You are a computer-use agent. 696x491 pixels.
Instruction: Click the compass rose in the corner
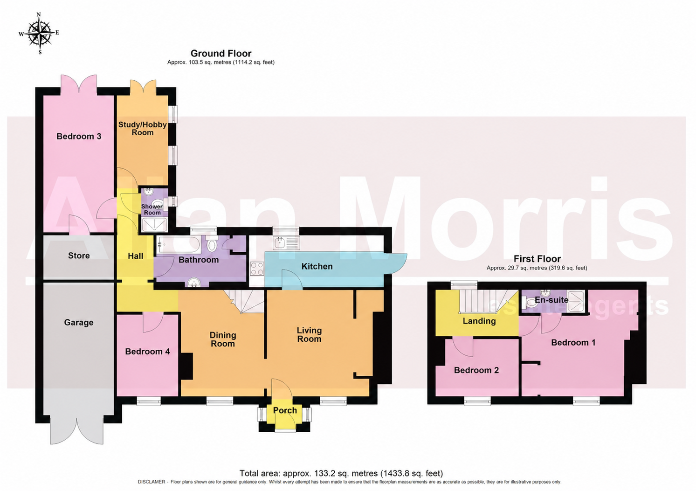pyautogui.click(x=39, y=33)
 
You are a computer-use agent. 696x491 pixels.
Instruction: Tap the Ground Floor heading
pyautogui.click(x=221, y=54)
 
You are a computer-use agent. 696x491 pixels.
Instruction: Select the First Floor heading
pyautogui.click(x=537, y=258)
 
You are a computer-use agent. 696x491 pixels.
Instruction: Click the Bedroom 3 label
pyautogui.click(x=79, y=137)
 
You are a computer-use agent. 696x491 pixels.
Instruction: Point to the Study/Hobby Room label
pyautogui.click(x=143, y=129)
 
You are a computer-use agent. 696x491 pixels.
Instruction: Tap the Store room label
pyautogui.click(x=79, y=256)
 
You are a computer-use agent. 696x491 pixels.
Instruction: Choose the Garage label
pyautogui.click(x=79, y=323)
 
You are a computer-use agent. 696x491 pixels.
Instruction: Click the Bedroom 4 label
pyautogui.click(x=147, y=352)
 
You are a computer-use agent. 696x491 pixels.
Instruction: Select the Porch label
pyautogui.click(x=285, y=410)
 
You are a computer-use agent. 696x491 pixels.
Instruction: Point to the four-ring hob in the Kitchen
pyautogui.click(x=257, y=269)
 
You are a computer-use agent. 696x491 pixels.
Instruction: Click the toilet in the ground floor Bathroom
pyautogui.click(x=212, y=243)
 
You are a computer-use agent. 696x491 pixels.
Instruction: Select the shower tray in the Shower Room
pyautogui.click(x=154, y=225)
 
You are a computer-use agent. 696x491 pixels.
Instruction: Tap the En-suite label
pyautogui.click(x=551, y=300)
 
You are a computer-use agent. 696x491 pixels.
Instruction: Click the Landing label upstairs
pyautogui.click(x=479, y=321)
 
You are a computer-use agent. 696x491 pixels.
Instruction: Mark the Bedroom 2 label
pyautogui.click(x=476, y=370)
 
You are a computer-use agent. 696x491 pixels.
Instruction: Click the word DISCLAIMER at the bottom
pyautogui.click(x=152, y=482)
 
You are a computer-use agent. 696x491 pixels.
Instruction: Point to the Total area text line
pyautogui.click(x=341, y=473)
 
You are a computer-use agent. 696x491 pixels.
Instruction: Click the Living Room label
pyautogui.click(x=309, y=335)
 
